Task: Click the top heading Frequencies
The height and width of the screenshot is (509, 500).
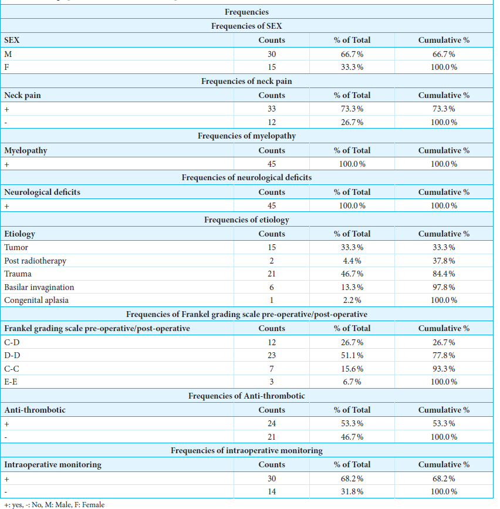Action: pyautogui.click(x=246, y=12)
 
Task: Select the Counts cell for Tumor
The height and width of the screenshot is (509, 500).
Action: pyautogui.click(x=272, y=247)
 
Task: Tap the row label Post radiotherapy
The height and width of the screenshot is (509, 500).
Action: pyautogui.click(x=35, y=261)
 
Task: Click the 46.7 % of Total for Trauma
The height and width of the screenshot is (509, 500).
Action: pyautogui.click(x=352, y=274)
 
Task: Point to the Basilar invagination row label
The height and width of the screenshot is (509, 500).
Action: pyautogui.click(x=39, y=287)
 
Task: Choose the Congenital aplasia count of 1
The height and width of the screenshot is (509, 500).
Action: pyautogui.click(x=272, y=300)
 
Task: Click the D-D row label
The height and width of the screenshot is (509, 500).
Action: pyautogui.click(x=12, y=355)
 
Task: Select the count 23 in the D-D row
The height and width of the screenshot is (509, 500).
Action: pyautogui.click(x=272, y=355)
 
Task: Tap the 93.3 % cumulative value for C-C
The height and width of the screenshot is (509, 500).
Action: pyautogui.click(x=444, y=369)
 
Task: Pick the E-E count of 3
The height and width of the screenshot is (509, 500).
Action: pyautogui.click(x=272, y=382)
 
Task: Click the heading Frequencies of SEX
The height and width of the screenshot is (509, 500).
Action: pyautogui.click(x=246, y=26)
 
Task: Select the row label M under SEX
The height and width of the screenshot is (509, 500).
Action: pyautogui.click(x=8, y=54)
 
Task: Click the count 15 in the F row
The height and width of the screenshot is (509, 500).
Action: pyautogui.click(x=272, y=67)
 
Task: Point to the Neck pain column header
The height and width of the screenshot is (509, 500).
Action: pyautogui.click(x=22, y=96)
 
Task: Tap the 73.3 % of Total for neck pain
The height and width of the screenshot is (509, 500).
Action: pyautogui.click(x=352, y=109)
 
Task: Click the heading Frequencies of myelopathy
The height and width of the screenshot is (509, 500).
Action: pyautogui.click(x=246, y=136)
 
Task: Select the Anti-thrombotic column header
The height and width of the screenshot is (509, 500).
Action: pyautogui.click(x=35, y=410)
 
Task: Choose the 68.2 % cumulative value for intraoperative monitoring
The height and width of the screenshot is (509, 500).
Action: pyautogui.click(x=444, y=479)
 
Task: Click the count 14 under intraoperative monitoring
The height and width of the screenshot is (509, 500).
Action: pyautogui.click(x=272, y=492)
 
